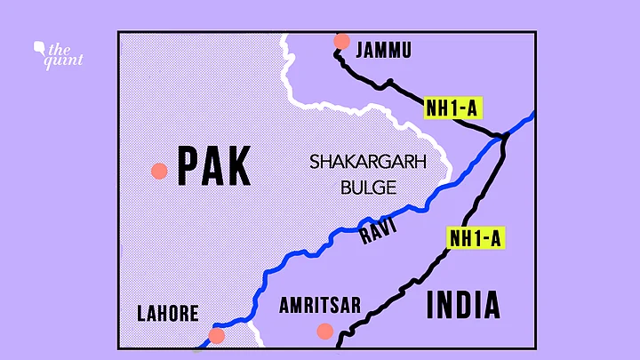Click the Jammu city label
pos(383,51)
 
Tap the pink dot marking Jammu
pos(341,41)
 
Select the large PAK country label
pos(213,165)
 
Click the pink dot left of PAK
pos(159,171)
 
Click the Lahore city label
pos(167,313)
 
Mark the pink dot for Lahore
pos(217,335)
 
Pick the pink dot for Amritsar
pos(324,331)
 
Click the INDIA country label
pos(463,304)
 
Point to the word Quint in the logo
pos(68,60)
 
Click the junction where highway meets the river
pos(504,137)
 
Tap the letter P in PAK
pos(188,165)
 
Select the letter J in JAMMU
pos(359,51)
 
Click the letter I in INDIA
pos(431,304)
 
